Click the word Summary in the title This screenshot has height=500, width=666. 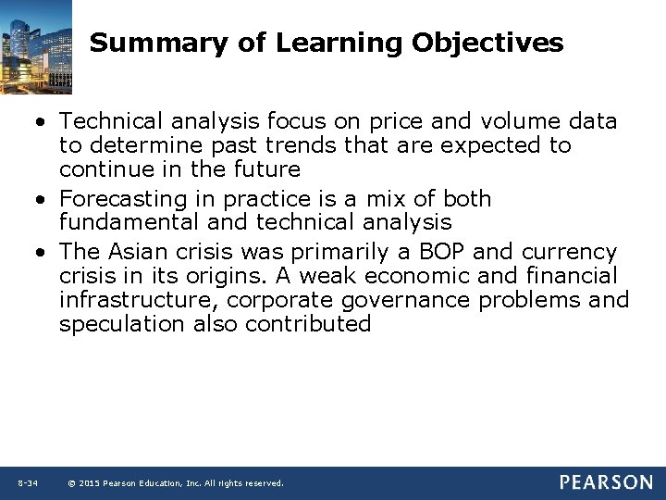[137, 44]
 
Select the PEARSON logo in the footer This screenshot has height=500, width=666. [606, 482]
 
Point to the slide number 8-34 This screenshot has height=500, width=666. [27, 483]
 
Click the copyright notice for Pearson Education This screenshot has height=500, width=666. [176, 483]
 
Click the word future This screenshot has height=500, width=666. [265, 169]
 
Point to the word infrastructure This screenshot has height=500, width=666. [138, 300]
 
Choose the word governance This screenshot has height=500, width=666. [408, 300]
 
